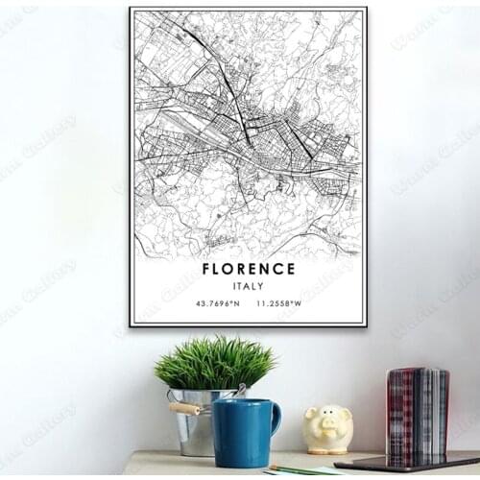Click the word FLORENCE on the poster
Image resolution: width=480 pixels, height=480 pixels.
[x=249, y=269]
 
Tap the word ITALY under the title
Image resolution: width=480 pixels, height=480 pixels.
[x=249, y=286]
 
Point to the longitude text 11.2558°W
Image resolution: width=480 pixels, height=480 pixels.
[x=278, y=304]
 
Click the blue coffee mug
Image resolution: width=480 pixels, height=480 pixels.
[x=243, y=432]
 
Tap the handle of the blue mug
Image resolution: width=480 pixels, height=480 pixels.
[x=275, y=420]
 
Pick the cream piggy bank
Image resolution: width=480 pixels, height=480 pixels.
[x=328, y=428]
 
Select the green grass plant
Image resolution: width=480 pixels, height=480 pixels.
[x=214, y=363]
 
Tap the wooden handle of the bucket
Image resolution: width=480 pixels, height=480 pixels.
[x=186, y=408]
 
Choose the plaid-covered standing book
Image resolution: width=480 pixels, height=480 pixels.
[x=416, y=413]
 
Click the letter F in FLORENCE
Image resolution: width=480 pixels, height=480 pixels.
[x=206, y=269]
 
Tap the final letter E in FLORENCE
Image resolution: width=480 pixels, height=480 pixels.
[x=291, y=269]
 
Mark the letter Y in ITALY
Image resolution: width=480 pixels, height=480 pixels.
[x=262, y=286]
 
